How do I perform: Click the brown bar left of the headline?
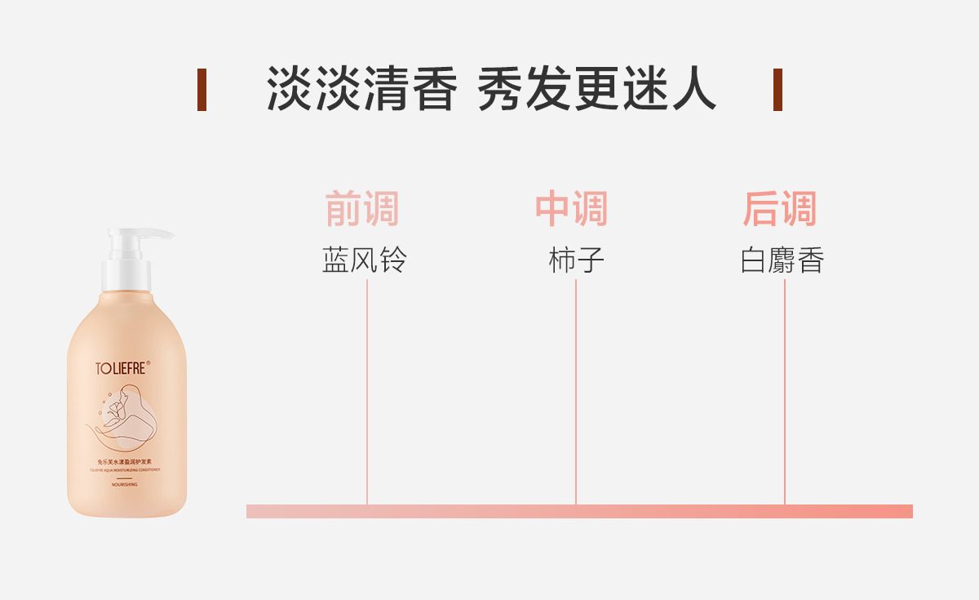(x=202, y=90)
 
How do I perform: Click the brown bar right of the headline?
(x=777, y=90)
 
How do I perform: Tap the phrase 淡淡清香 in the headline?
(x=361, y=89)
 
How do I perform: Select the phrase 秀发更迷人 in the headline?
(x=596, y=89)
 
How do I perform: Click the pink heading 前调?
(x=362, y=210)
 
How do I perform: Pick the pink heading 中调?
(x=572, y=210)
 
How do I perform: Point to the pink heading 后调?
(x=780, y=210)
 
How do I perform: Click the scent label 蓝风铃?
(x=365, y=261)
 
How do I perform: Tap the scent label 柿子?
(x=576, y=261)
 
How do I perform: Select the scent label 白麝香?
(x=783, y=261)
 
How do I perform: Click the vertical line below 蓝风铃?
(x=367, y=392)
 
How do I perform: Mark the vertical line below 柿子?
(x=576, y=392)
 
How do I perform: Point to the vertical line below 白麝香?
(x=785, y=392)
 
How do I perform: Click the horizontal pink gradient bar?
(x=579, y=511)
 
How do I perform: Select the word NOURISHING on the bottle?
(x=126, y=485)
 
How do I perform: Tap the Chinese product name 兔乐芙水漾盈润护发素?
(x=126, y=463)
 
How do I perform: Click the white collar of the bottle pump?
(x=126, y=276)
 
